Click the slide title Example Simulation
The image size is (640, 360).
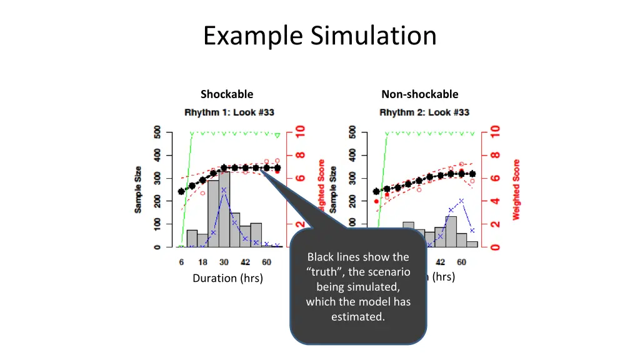(x=319, y=35)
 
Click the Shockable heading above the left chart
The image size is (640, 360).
(x=227, y=94)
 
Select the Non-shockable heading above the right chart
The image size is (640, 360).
(x=419, y=94)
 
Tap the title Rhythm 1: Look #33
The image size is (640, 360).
(x=229, y=112)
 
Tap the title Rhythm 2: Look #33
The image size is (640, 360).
(x=424, y=112)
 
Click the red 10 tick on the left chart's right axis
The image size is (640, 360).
(x=300, y=132)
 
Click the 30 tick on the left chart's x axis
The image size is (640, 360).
(x=224, y=262)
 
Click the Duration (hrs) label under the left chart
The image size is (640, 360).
(x=227, y=278)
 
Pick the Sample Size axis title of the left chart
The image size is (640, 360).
(x=138, y=189)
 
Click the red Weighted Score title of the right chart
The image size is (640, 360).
(x=516, y=189)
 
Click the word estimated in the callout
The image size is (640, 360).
(x=357, y=317)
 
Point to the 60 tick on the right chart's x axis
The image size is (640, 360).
(x=461, y=262)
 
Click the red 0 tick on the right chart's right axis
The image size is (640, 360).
(x=495, y=247)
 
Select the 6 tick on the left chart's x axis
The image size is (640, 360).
(x=181, y=262)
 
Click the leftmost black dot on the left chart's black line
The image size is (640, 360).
(x=181, y=192)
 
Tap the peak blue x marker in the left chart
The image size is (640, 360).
(x=224, y=190)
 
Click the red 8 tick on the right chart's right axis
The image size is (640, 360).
(x=495, y=156)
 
